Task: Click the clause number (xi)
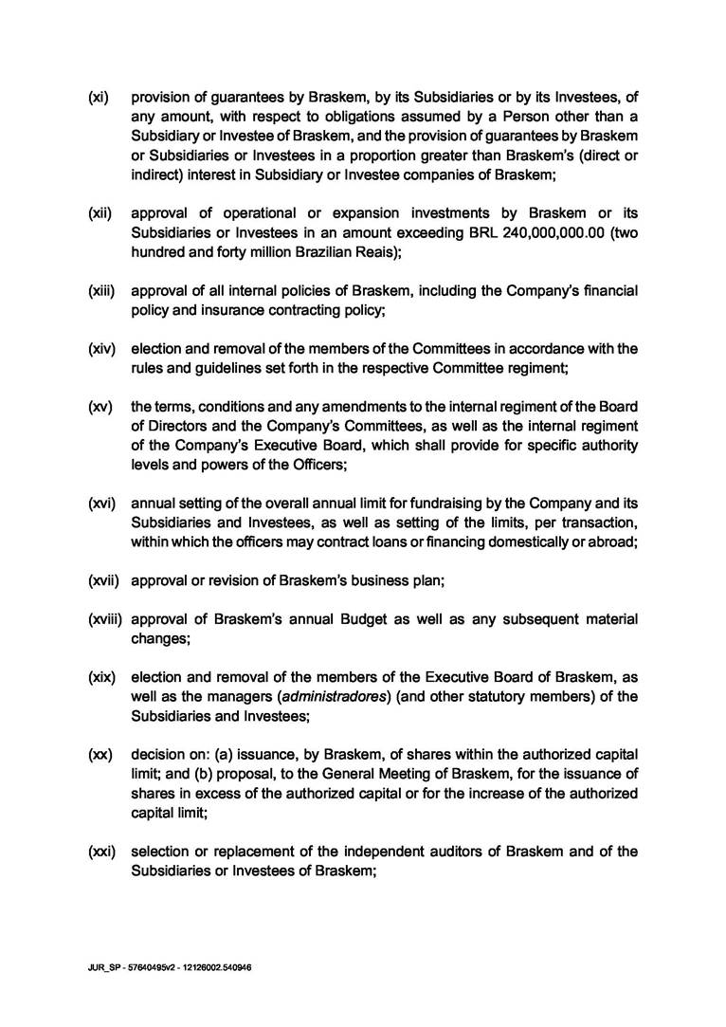click(98, 97)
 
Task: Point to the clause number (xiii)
click(100, 289)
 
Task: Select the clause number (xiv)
click(100, 348)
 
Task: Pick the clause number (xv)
click(99, 407)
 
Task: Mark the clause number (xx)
click(99, 755)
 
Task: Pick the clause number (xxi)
click(100, 852)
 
